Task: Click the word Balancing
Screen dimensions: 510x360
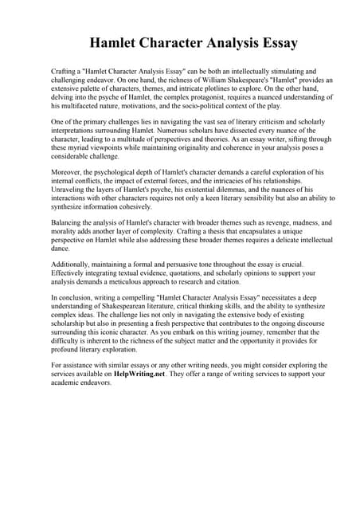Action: pyautogui.click(x=68, y=223)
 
